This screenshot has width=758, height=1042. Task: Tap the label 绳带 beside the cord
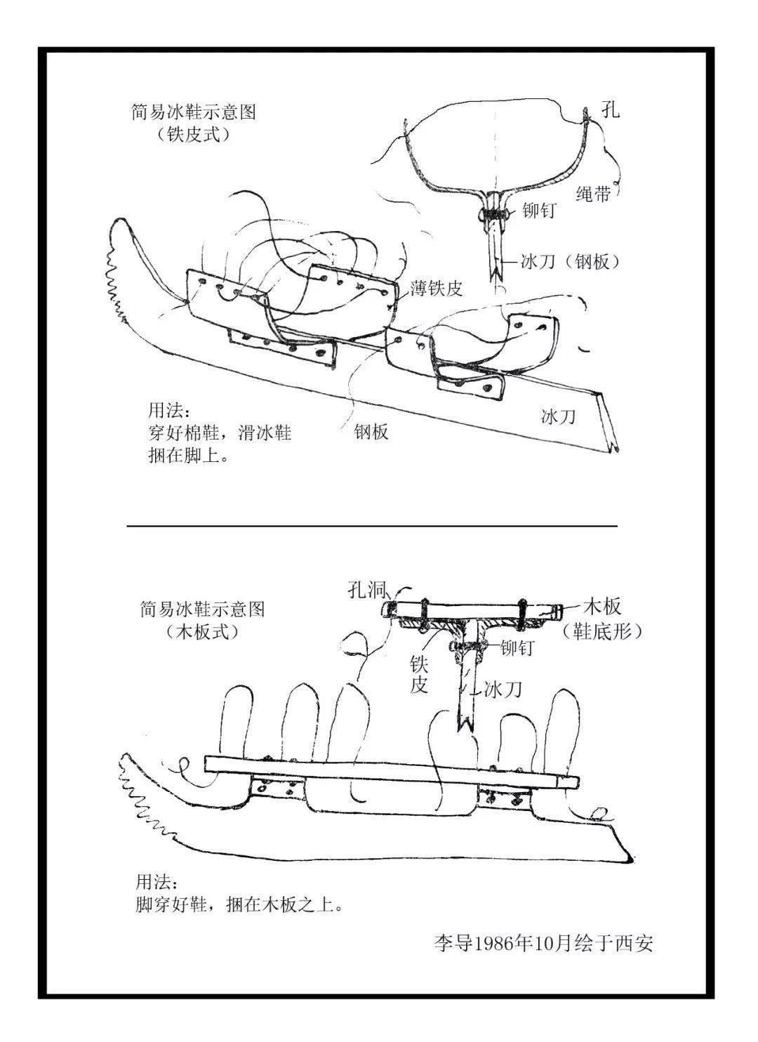pos(593,194)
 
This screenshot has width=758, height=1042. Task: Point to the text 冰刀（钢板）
pos(570,262)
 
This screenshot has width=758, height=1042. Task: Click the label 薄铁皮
pos(437,289)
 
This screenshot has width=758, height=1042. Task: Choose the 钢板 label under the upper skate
pos(371,431)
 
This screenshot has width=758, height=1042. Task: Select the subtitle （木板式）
pos(203,631)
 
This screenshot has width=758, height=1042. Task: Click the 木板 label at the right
pos(601,606)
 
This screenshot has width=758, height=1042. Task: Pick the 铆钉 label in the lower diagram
pos(517,649)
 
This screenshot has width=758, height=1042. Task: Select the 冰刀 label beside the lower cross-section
pos(503,690)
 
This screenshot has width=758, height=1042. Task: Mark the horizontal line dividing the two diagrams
pos(372,525)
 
